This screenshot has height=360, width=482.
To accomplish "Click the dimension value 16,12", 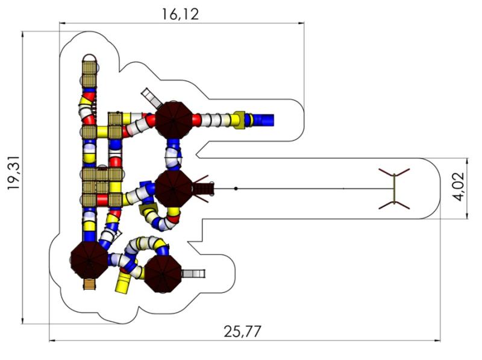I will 180,14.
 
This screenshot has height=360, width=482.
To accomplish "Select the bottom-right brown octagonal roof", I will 163,273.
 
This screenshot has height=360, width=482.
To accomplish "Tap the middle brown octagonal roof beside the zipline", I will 174,188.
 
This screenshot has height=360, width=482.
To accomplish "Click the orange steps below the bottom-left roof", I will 89,283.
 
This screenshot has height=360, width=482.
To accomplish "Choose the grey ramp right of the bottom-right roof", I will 193,274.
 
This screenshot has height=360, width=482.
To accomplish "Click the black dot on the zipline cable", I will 236,189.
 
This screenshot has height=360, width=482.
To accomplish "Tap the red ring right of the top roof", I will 196,119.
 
